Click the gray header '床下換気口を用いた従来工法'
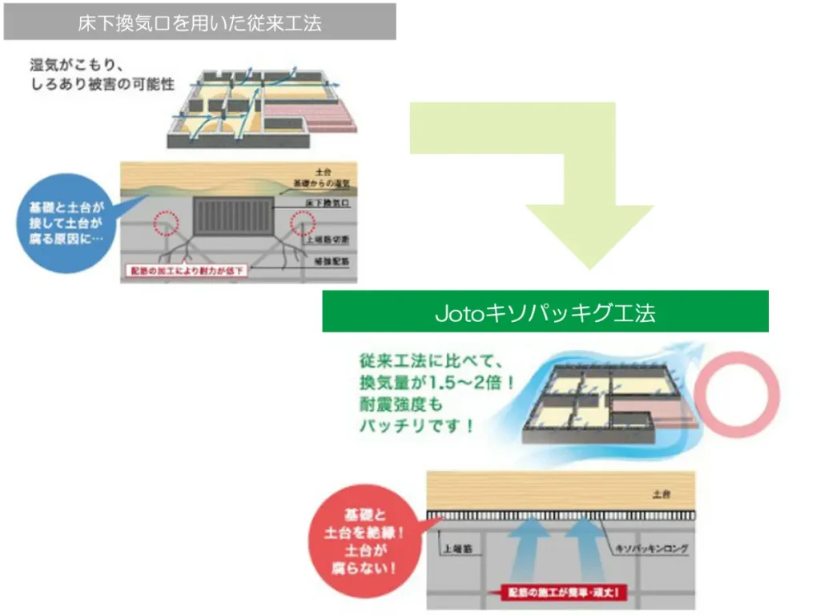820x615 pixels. pyautogui.click(x=199, y=22)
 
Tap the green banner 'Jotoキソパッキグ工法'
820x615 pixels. pyautogui.click(x=545, y=312)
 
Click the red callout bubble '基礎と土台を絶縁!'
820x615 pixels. pyautogui.click(x=364, y=542)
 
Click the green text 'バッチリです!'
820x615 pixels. pyautogui.click(x=416, y=425)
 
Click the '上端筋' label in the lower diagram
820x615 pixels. pyautogui.click(x=455, y=550)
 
